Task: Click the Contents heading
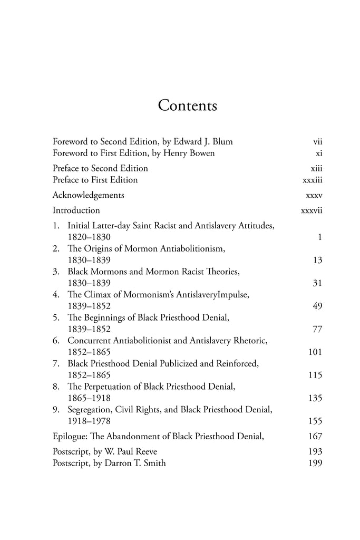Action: coord(188,105)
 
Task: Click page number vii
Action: coord(317,142)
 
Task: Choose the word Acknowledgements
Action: coord(89,195)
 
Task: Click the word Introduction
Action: coord(76,210)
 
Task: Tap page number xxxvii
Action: coord(310,210)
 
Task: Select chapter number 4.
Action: coord(55,295)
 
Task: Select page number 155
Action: coord(315,421)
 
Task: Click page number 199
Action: coord(315,463)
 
